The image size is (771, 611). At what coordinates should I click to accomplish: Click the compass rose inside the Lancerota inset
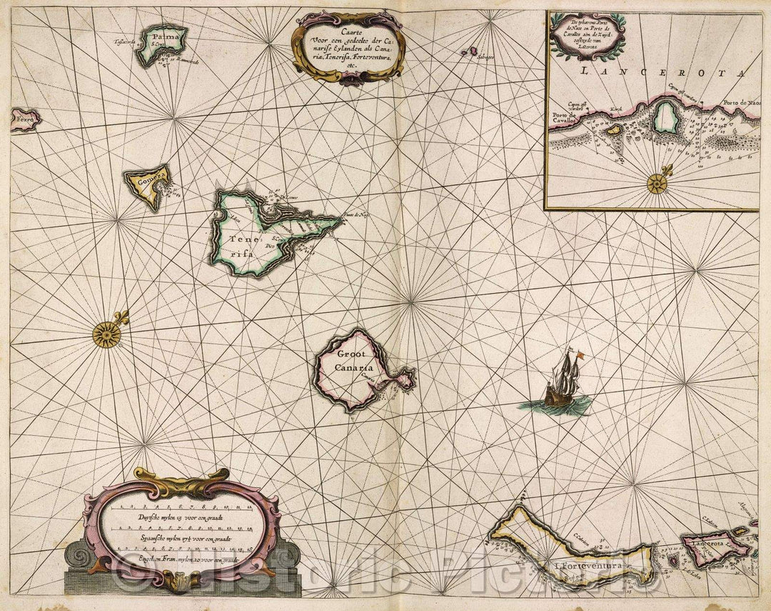tap(657, 184)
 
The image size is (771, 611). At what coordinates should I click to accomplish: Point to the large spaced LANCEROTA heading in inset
tap(660, 71)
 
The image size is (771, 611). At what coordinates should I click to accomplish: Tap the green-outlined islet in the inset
tap(666, 116)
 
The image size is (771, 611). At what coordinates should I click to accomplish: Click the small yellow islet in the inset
tap(613, 130)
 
